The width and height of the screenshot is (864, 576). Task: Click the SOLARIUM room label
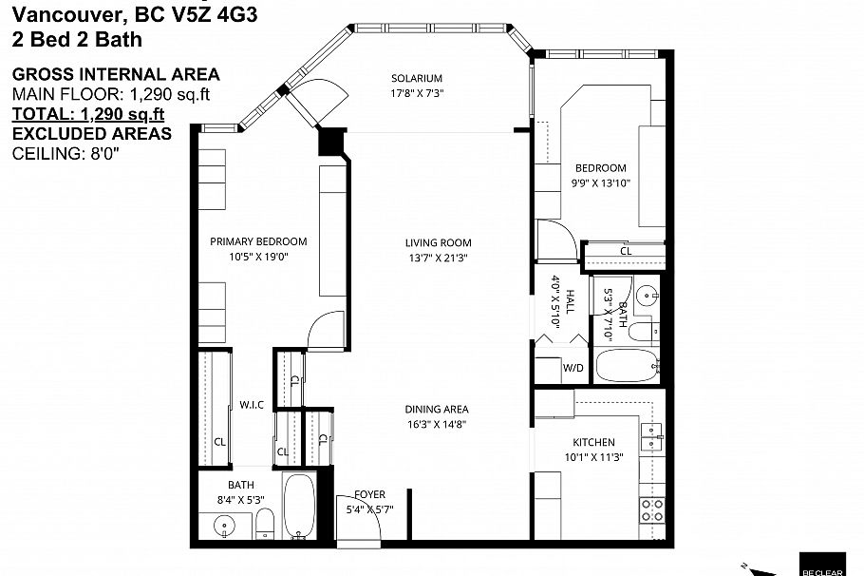(x=417, y=78)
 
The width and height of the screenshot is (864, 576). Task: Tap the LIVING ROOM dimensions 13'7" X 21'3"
(x=438, y=258)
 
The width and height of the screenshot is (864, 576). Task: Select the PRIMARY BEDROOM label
(x=258, y=241)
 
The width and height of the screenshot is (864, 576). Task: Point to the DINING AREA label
(x=438, y=410)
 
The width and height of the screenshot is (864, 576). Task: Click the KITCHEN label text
(x=593, y=442)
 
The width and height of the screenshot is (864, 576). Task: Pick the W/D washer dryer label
(x=573, y=368)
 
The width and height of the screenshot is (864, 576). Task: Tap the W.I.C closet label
(x=252, y=405)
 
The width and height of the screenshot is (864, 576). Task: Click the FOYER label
(x=369, y=494)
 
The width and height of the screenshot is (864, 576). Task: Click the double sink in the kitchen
(x=651, y=435)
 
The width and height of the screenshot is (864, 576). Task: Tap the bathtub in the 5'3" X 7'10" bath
(x=627, y=366)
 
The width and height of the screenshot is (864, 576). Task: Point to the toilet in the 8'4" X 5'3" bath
(x=266, y=522)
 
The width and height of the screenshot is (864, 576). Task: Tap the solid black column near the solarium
(x=329, y=141)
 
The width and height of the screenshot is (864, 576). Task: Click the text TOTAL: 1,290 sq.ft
(x=88, y=114)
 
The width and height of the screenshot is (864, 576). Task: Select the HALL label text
(x=570, y=302)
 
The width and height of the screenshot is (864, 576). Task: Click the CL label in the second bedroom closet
(x=626, y=251)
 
